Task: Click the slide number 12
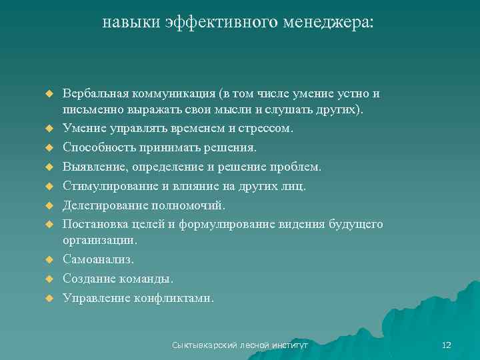[447, 345]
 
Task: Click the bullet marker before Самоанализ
[49, 259]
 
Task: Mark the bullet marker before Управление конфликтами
[49, 298]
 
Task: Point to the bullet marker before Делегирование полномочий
[49, 205]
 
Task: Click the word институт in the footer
[291, 345]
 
